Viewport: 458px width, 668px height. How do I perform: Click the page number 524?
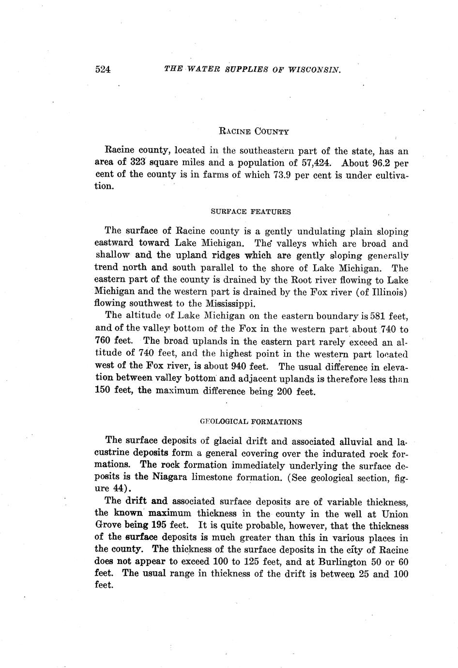click(103, 69)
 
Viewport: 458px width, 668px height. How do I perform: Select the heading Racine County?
click(254, 131)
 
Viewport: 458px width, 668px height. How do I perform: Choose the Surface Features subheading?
click(251, 212)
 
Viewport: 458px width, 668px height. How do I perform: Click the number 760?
click(104, 341)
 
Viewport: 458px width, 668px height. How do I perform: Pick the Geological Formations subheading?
click(251, 422)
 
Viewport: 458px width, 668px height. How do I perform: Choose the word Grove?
click(107, 525)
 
